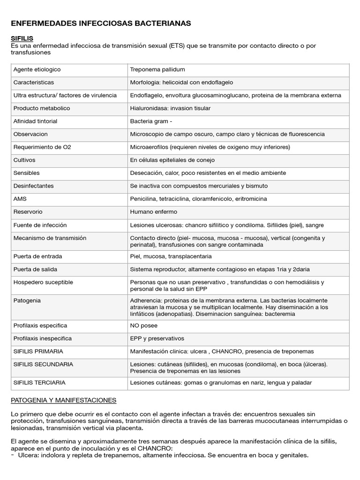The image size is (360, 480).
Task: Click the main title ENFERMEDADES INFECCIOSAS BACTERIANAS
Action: point(100,23)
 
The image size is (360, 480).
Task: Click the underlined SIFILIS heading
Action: point(22,38)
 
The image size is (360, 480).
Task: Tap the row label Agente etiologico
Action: point(37,69)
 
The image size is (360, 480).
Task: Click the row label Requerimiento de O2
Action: point(42,147)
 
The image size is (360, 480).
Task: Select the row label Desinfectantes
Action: point(34,186)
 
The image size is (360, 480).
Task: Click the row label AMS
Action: point(20,199)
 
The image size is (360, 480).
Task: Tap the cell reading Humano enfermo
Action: point(153,212)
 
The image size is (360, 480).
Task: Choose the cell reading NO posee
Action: point(143,325)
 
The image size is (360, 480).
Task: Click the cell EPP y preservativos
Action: point(157,338)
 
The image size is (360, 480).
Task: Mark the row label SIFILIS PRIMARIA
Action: point(38,351)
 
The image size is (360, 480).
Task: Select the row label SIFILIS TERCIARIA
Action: point(39,382)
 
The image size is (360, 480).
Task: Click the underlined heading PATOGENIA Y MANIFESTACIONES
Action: point(63,400)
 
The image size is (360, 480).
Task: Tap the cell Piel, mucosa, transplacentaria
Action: point(171,256)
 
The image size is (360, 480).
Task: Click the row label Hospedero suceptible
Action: point(43,282)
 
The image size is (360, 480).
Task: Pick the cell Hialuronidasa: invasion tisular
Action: point(170,108)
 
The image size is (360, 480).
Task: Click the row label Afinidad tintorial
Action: point(36,121)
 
